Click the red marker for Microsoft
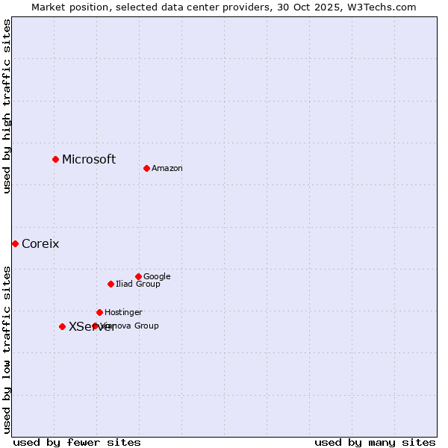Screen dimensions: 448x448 coord(55,159)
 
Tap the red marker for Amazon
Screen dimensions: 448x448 coord(146,168)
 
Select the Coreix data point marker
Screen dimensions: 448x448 coord(15,243)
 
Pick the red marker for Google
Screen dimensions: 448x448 coord(138,276)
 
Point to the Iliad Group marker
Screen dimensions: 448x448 coord(111,284)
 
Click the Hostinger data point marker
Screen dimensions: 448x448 coord(99,312)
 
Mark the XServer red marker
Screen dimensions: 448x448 coord(62,326)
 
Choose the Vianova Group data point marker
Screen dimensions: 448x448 coord(95,326)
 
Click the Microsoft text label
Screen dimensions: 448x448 coord(89,159)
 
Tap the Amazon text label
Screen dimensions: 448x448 coord(167,168)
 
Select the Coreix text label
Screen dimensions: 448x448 coord(40,243)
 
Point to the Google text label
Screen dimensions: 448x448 coord(157,276)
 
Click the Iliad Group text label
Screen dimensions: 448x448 coord(138,284)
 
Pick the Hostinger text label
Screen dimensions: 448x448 coord(123,312)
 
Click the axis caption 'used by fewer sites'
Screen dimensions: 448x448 coord(77,442)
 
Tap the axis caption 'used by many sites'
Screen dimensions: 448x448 coord(375,442)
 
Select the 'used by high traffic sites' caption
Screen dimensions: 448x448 coord(7,106)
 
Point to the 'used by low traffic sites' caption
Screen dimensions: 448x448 coord(7,349)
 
